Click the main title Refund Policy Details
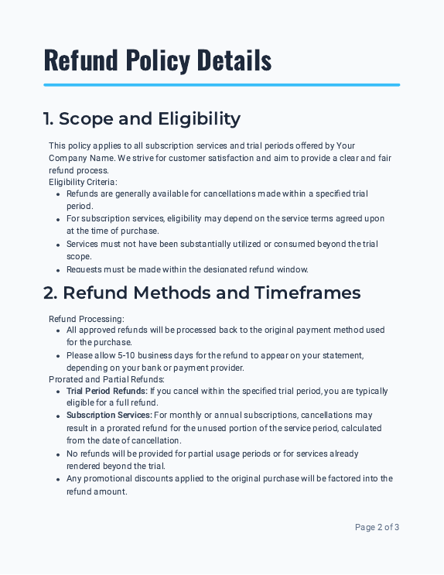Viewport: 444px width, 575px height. (x=157, y=59)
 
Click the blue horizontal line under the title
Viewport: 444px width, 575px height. (x=221, y=85)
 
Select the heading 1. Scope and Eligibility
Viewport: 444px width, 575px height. (x=142, y=118)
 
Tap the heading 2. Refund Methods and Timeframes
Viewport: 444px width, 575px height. (x=201, y=293)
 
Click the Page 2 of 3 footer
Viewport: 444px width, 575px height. (x=377, y=527)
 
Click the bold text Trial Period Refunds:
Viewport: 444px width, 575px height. (x=107, y=391)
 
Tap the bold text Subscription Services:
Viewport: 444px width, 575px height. (x=109, y=416)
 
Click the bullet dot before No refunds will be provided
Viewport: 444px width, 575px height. (x=58, y=454)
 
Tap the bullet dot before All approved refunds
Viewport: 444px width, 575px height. (x=58, y=330)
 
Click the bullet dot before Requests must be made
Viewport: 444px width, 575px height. (x=58, y=270)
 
